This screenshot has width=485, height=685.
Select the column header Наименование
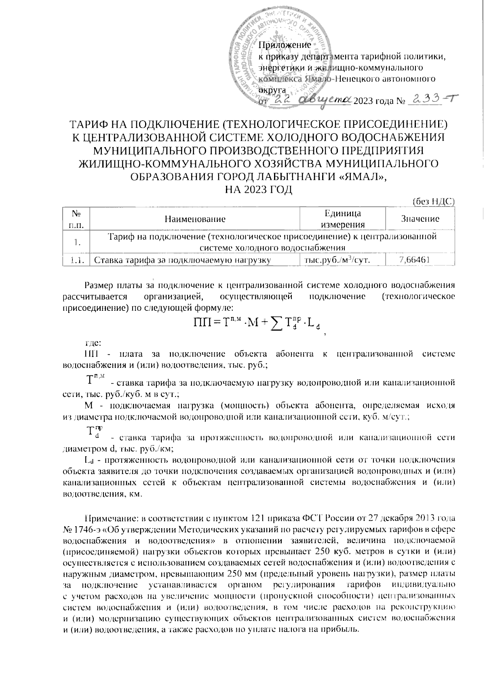[x=195, y=219]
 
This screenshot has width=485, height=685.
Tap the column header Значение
[x=420, y=219]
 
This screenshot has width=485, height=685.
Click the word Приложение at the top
[x=285, y=45]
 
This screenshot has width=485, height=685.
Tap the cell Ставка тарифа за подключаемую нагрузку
[x=182, y=260]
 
